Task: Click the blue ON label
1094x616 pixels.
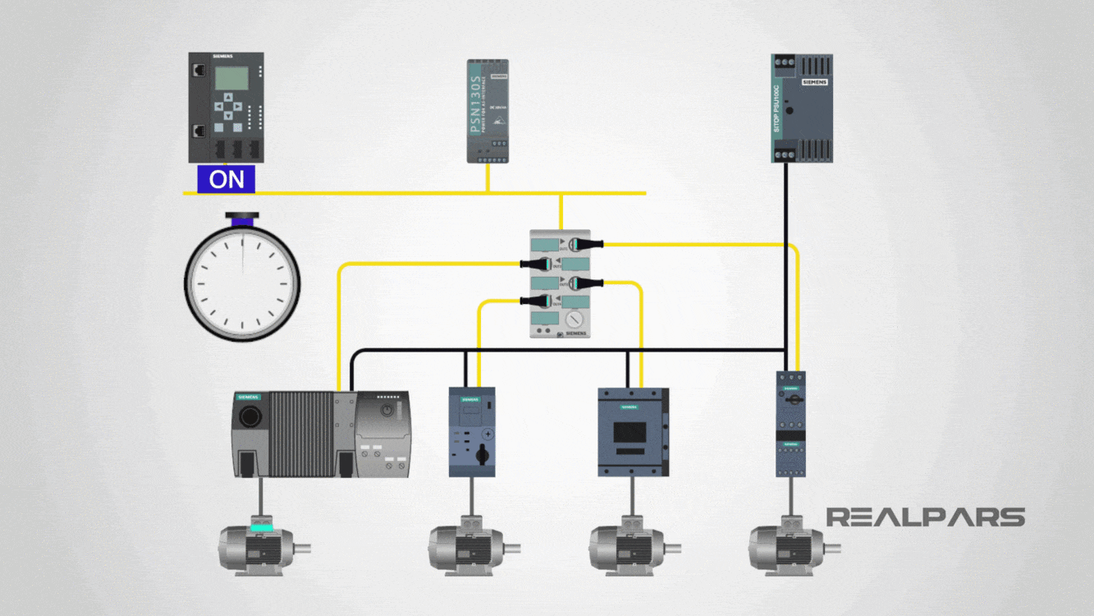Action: click(x=226, y=180)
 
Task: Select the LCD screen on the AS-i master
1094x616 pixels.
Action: click(x=231, y=78)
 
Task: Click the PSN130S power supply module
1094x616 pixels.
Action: click(x=487, y=111)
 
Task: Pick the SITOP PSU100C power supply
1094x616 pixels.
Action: click(x=802, y=108)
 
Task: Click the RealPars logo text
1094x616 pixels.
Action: click(x=925, y=517)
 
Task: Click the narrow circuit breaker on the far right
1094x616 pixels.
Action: click(x=790, y=424)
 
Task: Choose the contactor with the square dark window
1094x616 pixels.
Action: click(x=632, y=432)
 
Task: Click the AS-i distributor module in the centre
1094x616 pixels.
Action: click(x=560, y=284)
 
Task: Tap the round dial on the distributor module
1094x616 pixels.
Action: click(x=576, y=318)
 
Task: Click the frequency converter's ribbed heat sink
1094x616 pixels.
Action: click(x=302, y=433)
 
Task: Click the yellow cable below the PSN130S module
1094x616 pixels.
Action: click(x=487, y=177)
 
